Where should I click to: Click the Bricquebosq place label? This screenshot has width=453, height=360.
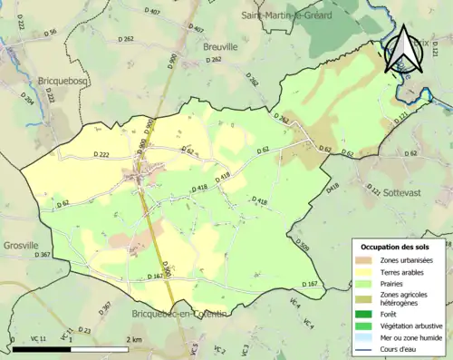[64, 80]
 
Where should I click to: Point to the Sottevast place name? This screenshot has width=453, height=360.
[408, 170]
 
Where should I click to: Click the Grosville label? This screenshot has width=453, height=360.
[20, 245]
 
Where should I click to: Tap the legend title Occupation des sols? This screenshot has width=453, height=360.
[396, 247]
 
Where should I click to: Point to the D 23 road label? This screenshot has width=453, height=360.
[84, 330]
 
